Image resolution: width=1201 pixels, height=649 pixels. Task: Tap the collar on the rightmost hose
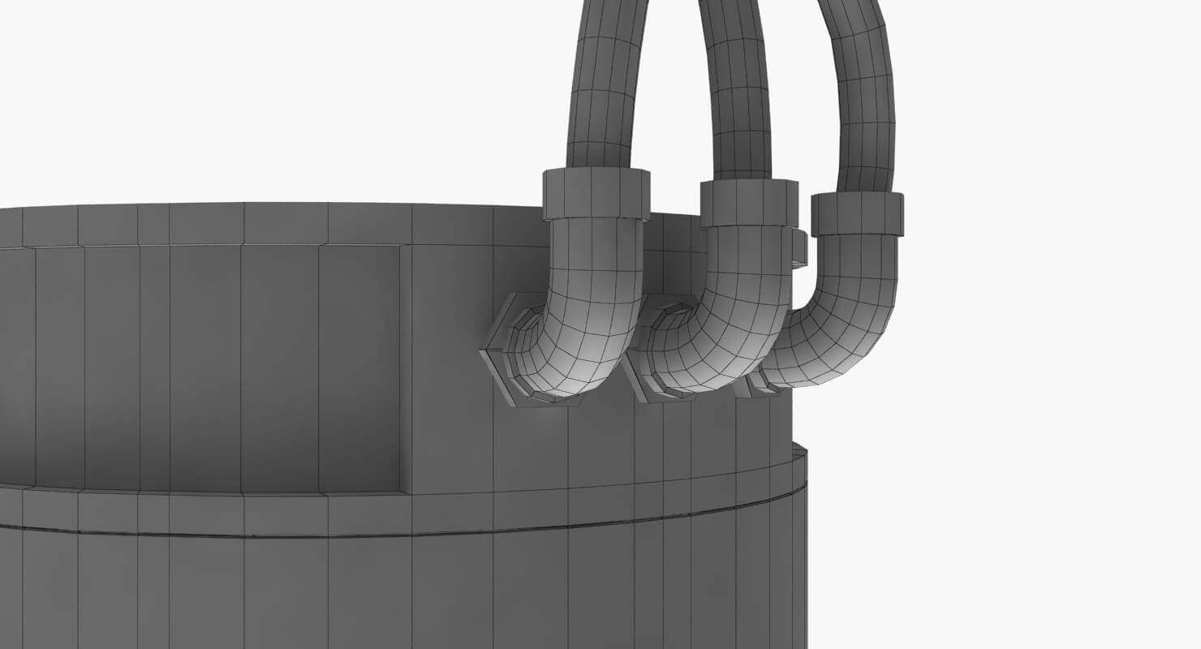857,214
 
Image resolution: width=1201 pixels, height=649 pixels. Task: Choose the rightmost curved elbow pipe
844,324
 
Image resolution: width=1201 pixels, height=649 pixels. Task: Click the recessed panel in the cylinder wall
203,365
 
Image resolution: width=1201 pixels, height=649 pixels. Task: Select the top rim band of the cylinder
243,224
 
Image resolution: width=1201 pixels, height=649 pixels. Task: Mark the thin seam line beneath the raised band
325,535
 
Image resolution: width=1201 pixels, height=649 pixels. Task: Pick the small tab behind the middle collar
799,247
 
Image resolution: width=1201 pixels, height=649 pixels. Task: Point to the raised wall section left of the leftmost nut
446,365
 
